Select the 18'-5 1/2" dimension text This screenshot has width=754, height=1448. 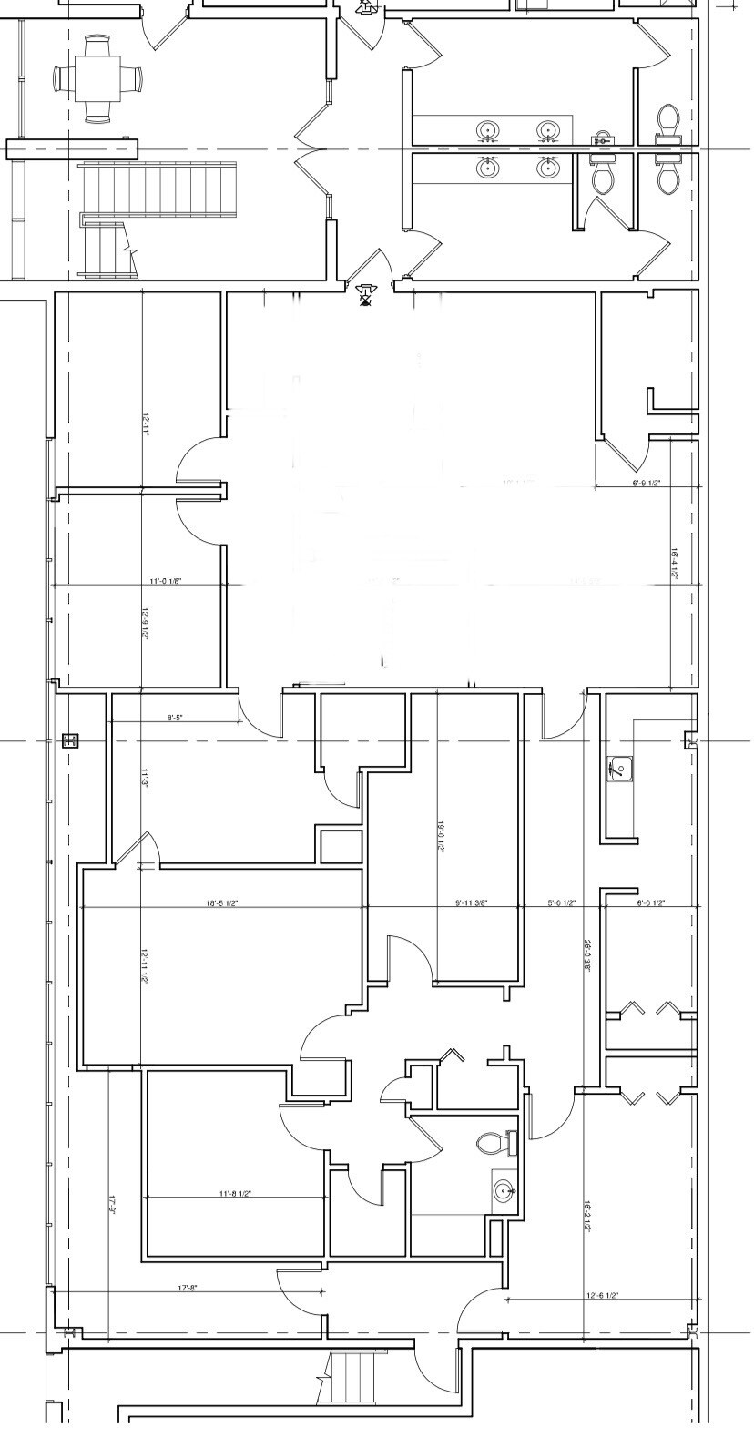(x=222, y=903)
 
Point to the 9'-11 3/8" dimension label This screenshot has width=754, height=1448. (x=471, y=903)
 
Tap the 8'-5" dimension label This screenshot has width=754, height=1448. (x=175, y=719)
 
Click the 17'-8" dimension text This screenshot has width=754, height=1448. (x=188, y=1288)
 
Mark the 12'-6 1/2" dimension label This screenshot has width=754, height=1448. (x=603, y=1295)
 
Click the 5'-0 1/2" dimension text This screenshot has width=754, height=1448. (x=562, y=903)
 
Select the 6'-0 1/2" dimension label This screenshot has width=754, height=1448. (x=650, y=903)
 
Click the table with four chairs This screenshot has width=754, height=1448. (x=98, y=80)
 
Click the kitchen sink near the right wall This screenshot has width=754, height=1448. (x=620, y=770)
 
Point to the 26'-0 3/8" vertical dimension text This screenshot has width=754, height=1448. (x=589, y=956)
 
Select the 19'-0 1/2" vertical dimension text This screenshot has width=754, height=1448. (x=441, y=835)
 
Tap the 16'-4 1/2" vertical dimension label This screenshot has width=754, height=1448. (x=674, y=564)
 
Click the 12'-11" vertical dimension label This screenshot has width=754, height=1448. (x=146, y=425)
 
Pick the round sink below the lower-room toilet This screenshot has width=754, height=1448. (x=504, y=1189)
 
